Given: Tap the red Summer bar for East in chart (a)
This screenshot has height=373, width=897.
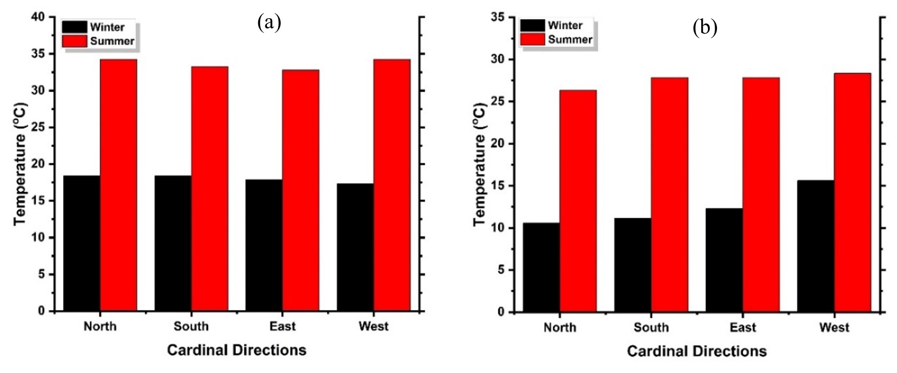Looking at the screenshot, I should (300, 191).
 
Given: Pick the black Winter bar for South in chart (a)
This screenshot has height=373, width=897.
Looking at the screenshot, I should (172, 244).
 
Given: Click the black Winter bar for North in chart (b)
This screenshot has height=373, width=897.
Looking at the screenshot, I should (541, 267).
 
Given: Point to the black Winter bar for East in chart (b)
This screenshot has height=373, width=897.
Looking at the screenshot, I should (724, 260).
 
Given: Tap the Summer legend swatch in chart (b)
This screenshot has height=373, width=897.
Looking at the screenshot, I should (532, 39).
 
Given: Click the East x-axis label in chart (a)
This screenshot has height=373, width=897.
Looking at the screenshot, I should (282, 327).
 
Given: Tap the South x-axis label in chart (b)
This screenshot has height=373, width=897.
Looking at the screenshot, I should (651, 328).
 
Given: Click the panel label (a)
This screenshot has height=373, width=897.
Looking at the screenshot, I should (269, 22).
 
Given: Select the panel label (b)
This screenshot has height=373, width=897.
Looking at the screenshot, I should (705, 28).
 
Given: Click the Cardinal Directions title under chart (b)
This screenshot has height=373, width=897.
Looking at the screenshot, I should (696, 352).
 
